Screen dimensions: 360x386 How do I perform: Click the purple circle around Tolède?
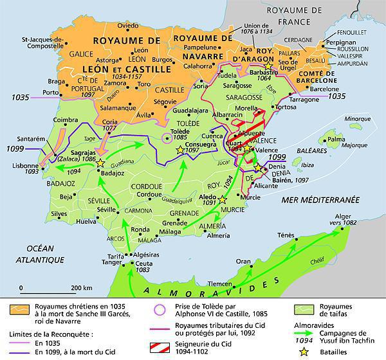[167, 136]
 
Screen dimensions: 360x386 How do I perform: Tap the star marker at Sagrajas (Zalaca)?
[100, 165]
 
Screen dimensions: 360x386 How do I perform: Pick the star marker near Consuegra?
[179, 150]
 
